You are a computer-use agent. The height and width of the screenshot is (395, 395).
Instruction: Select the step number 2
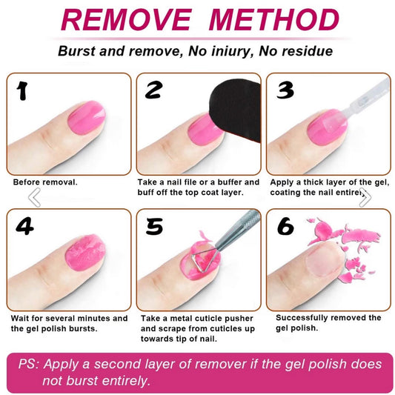[153, 90]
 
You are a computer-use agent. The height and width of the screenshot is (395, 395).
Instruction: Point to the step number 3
[285, 90]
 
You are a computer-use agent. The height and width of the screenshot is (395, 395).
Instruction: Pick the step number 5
[154, 226]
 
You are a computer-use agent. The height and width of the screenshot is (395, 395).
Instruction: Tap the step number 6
[286, 227]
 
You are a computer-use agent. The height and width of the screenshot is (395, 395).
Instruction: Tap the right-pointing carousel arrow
[364, 197]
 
